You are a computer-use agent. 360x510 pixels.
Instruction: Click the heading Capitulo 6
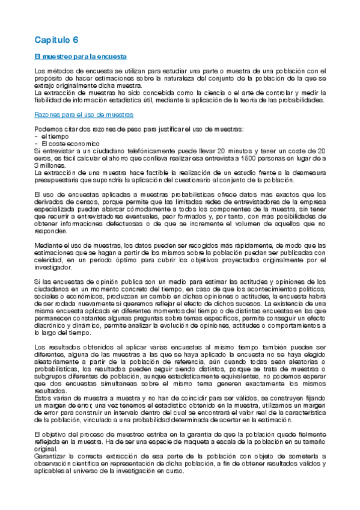pos(56,40)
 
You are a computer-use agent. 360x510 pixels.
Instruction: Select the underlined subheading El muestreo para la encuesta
pos(80,57)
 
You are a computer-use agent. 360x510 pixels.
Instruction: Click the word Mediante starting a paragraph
pos(49,245)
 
